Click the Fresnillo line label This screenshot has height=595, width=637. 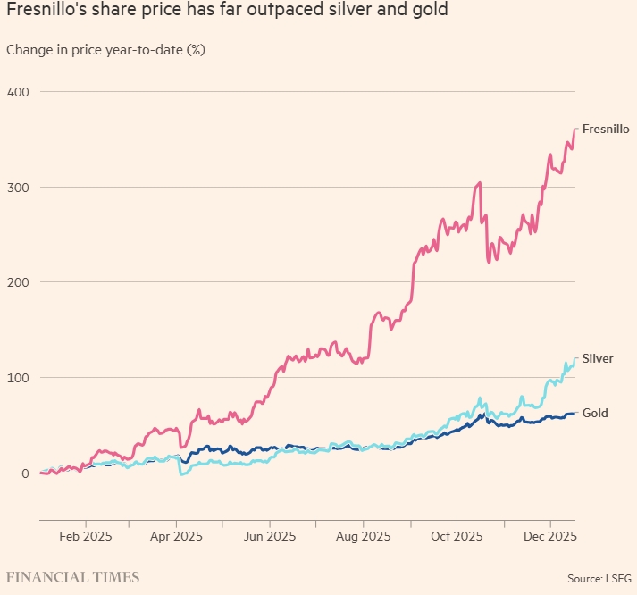point(606,129)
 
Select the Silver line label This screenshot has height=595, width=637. point(598,358)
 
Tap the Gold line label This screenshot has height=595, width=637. point(595,414)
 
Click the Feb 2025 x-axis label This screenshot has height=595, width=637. point(85,537)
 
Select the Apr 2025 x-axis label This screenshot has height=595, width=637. point(177,537)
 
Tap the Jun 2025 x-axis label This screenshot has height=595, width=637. point(270,537)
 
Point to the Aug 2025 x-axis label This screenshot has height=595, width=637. point(363,537)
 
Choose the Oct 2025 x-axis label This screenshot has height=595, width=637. point(456,537)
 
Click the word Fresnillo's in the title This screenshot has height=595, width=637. point(45,12)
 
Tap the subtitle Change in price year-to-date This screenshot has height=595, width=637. point(106,49)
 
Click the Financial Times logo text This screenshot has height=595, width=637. point(72,577)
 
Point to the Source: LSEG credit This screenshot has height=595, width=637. point(598,578)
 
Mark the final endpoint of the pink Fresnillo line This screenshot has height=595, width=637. point(575,130)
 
